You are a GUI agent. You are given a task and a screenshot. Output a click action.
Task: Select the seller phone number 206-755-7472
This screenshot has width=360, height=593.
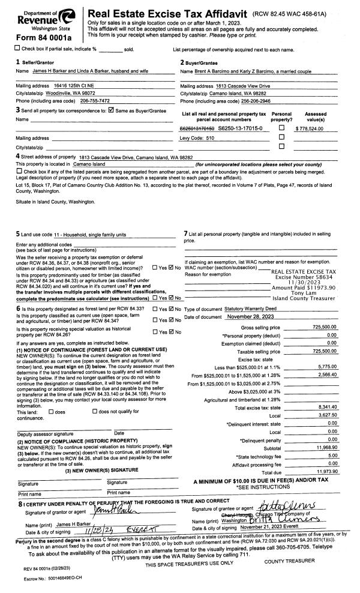tap(90, 101)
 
